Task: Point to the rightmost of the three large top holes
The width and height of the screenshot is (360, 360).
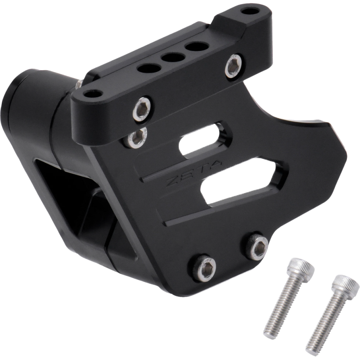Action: [197, 47]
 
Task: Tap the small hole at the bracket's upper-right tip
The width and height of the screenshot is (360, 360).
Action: [250, 11]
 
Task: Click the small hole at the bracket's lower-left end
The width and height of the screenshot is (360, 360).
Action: [93, 94]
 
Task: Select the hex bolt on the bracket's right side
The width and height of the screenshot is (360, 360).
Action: [234, 65]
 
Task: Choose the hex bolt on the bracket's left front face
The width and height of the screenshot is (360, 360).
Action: [142, 109]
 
